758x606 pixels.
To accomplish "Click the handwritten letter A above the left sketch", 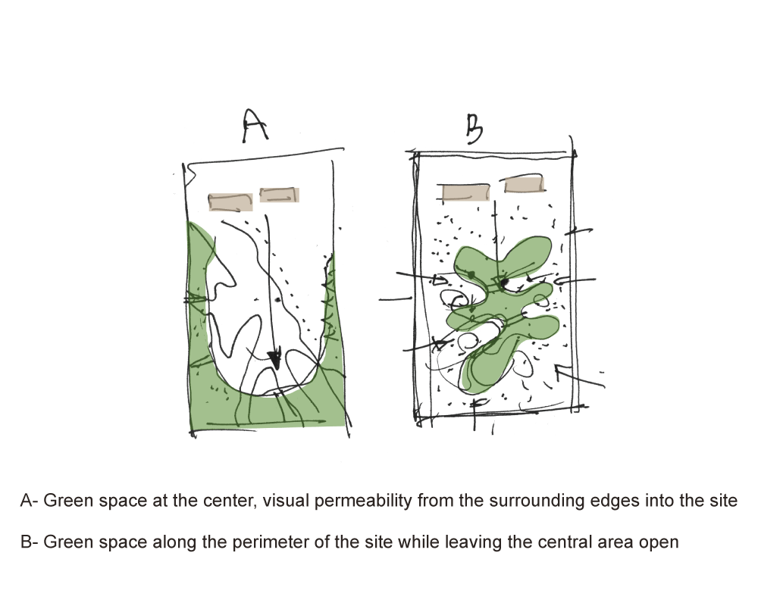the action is pyautogui.click(x=254, y=126).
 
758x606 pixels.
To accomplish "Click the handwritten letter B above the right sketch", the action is pyautogui.click(x=475, y=129).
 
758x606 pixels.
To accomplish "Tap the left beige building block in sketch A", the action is pyautogui.click(x=230, y=202).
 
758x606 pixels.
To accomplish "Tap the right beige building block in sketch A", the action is pyautogui.click(x=280, y=195).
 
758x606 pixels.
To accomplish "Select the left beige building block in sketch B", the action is pyautogui.click(x=466, y=192).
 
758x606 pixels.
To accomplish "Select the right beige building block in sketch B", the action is pyautogui.click(x=524, y=185).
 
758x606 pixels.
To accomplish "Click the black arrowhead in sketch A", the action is pyautogui.click(x=274, y=360).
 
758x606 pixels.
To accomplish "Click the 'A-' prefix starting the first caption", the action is pyautogui.click(x=29, y=500).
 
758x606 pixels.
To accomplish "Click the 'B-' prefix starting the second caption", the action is pyautogui.click(x=29, y=542).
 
